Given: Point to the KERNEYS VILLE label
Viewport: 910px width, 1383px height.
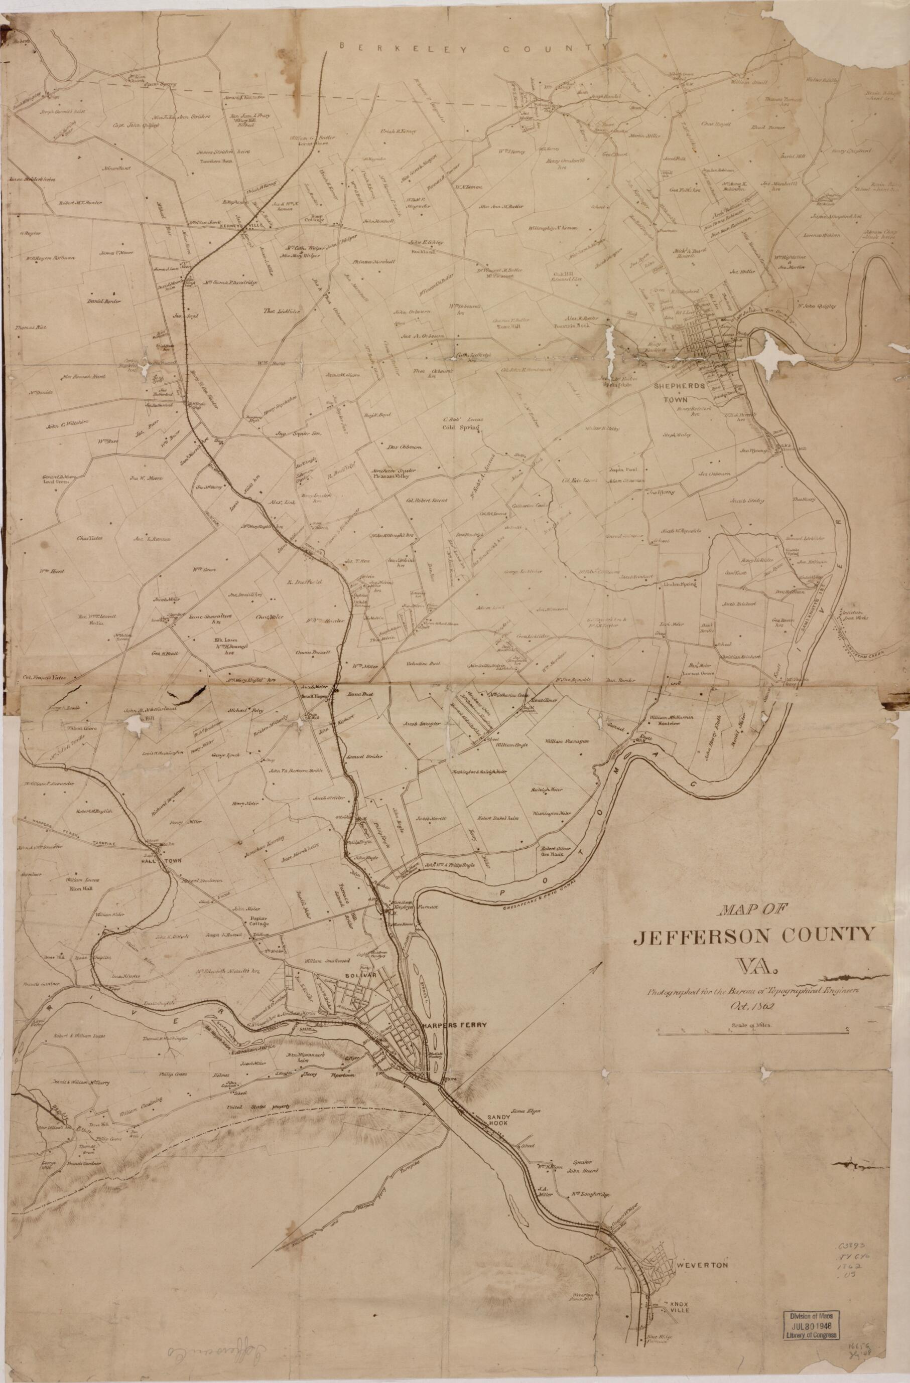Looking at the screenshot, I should (x=238, y=227).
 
